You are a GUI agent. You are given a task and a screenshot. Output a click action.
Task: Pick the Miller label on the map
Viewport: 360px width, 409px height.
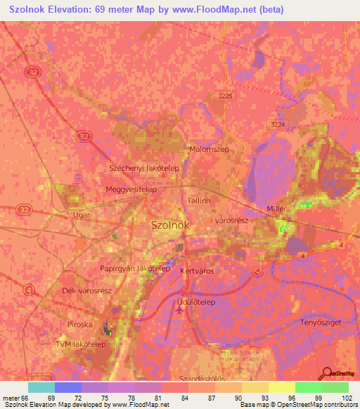coord(279,210)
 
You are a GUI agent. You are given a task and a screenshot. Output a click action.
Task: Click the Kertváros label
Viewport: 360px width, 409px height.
coord(197,271)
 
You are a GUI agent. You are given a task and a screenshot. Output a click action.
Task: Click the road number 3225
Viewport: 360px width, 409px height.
coord(225,96)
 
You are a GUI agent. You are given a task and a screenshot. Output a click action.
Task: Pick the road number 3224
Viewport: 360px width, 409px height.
coord(279,122)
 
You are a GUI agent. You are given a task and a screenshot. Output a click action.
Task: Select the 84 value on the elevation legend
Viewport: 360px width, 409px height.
coord(184,398)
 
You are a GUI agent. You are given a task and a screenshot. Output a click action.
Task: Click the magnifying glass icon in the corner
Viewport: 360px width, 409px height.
coord(326,372)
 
